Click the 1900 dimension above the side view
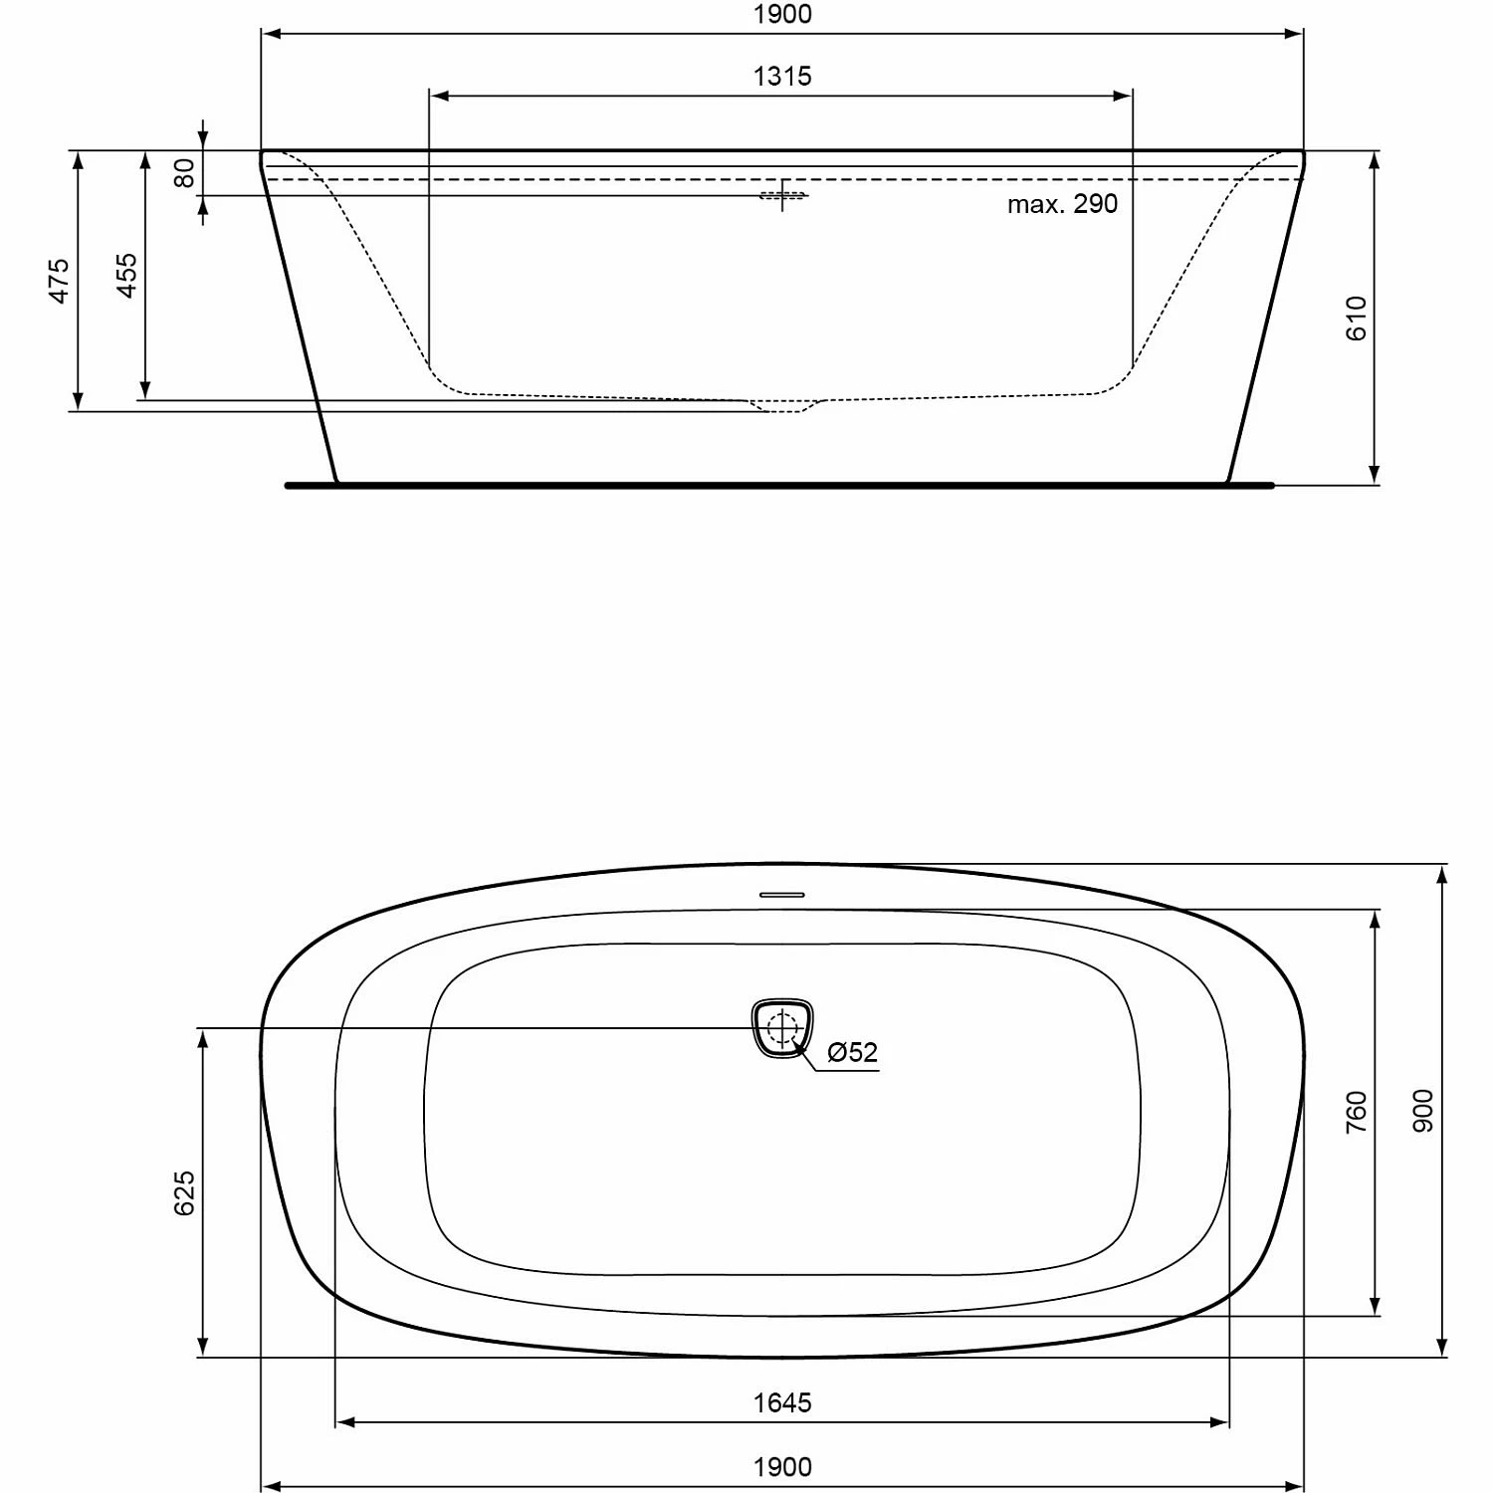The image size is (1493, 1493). (x=782, y=15)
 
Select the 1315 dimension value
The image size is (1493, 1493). (x=782, y=77)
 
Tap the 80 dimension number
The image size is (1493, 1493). (x=185, y=174)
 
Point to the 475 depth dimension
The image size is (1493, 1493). (x=60, y=281)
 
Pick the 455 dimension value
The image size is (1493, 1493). (x=126, y=276)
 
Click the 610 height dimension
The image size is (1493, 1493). (x=1357, y=319)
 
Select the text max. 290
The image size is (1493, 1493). (x=1062, y=204)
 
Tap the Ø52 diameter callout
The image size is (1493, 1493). (x=853, y=1052)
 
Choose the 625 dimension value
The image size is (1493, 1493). (x=185, y=1192)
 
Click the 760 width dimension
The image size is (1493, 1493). (x=1357, y=1112)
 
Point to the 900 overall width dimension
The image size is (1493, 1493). (x=1423, y=1111)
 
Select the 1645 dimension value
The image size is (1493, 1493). (x=782, y=1403)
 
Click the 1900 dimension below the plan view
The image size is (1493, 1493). (x=782, y=1467)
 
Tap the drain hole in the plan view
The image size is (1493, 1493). (x=782, y=1027)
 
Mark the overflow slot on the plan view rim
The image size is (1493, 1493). (x=782, y=895)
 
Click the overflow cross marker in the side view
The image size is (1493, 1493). (x=783, y=195)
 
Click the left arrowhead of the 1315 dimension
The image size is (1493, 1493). (x=438, y=97)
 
